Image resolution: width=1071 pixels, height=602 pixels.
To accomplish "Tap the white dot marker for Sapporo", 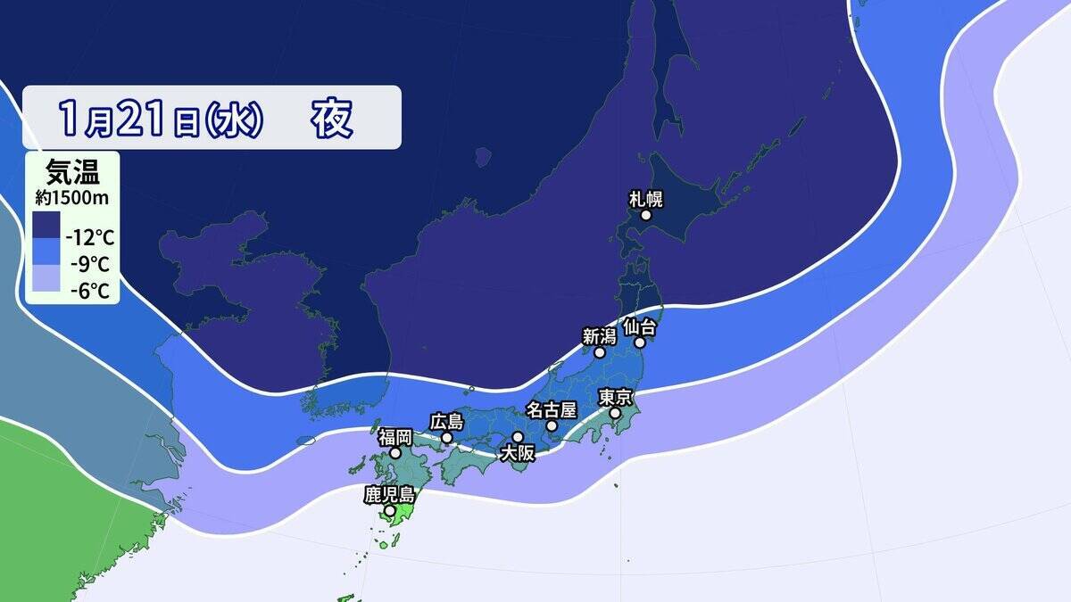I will pyautogui.click(x=646, y=215).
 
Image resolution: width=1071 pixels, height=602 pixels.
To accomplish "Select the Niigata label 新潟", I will pyautogui.click(x=600, y=336).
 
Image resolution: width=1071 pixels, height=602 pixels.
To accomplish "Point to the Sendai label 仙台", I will pyautogui.click(x=640, y=326).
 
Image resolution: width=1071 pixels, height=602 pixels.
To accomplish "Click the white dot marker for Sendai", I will pyautogui.click(x=640, y=342).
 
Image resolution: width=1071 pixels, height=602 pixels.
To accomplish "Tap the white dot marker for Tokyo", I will pyautogui.click(x=615, y=414).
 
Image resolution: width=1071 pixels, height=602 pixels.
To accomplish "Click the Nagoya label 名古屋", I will pyautogui.click(x=552, y=410).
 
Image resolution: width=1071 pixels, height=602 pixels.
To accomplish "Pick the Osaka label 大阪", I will pyautogui.click(x=517, y=452).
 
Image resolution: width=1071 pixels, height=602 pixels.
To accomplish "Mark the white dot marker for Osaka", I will pyautogui.click(x=517, y=437).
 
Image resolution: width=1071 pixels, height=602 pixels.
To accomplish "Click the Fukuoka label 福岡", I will pyautogui.click(x=394, y=437).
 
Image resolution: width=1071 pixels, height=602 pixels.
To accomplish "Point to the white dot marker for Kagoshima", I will pyautogui.click(x=389, y=511).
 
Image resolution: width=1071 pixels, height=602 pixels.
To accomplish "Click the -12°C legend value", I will pyautogui.click(x=89, y=238).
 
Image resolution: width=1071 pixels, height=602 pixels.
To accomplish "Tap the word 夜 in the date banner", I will pyautogui.click(x=332, y=118).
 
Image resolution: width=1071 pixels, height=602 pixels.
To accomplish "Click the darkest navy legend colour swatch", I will pyautogui.click(x=46, y=224).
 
